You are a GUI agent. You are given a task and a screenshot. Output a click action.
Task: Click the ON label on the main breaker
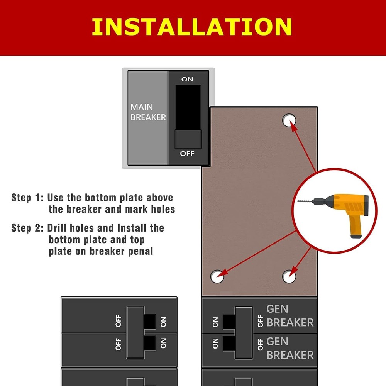point(187,79)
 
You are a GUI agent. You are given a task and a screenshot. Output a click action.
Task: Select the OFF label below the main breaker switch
point(187,154)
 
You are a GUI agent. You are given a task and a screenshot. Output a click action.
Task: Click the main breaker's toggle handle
point(188,139)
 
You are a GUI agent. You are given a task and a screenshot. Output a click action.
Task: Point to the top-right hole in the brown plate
point(289,120)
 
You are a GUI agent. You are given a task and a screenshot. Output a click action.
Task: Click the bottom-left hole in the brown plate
point(217,276)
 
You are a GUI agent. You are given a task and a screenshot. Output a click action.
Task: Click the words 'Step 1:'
point(27,198)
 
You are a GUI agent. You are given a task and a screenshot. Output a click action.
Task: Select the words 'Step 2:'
point(27,228)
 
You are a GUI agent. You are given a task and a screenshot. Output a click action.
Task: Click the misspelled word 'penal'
point(141,251)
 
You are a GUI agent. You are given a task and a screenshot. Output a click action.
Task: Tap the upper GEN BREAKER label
point(290,315)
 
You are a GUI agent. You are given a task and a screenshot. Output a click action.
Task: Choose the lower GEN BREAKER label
point(290,348)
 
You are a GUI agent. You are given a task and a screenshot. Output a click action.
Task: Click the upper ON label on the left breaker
point(163,321)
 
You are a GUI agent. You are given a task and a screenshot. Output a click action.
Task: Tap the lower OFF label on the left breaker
point(118,344)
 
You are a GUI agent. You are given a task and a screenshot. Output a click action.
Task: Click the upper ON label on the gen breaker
point(215,321)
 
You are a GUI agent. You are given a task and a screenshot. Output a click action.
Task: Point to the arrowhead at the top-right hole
point(292,125)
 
